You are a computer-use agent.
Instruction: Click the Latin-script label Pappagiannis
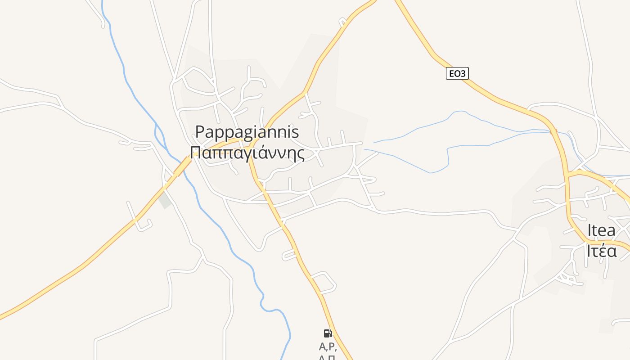point(247,132)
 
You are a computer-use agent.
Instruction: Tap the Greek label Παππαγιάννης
point(247,153)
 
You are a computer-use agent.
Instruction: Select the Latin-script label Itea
point(601,230)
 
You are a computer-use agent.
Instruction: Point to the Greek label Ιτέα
point(601,251)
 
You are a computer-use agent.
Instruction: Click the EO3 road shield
point(457,73)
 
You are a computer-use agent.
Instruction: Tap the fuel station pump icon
point(328,333)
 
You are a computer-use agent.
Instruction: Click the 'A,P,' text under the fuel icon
point(328,346)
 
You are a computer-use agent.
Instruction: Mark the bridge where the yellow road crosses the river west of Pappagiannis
point(182,166)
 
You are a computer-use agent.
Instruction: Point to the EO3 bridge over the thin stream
point(553,131)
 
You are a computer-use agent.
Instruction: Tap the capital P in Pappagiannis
point(200,132)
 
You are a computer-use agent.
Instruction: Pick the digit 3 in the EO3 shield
point(463,73)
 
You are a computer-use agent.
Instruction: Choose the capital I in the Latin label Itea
point(589,230)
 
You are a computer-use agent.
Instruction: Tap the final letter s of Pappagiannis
point(295,132)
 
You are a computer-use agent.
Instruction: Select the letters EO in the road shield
point(454,73)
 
